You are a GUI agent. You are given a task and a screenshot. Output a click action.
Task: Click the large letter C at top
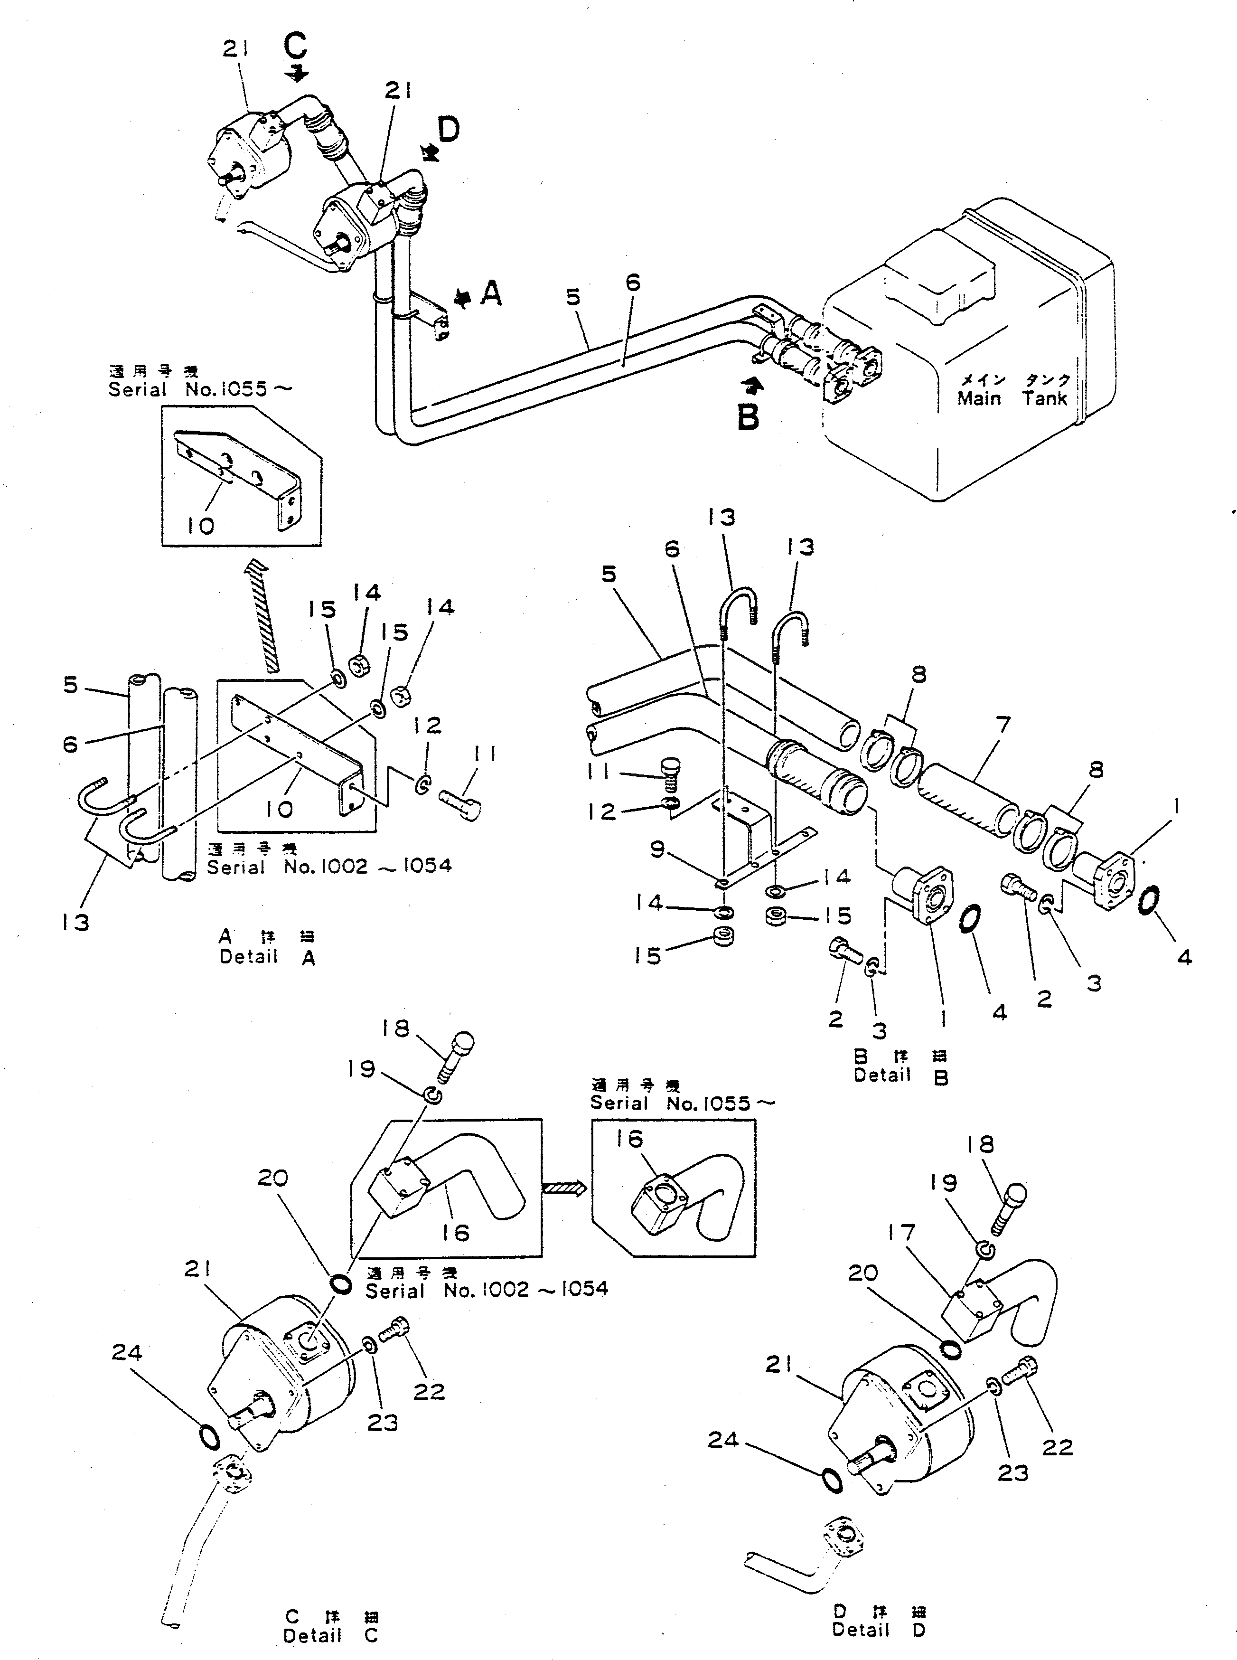295,47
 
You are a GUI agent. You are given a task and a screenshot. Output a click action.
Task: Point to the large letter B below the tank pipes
748,416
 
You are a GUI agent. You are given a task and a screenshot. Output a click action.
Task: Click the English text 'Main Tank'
1012,398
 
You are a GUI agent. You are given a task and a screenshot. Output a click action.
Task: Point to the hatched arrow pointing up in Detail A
270,615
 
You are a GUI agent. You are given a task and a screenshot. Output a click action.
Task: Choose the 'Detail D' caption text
878,1629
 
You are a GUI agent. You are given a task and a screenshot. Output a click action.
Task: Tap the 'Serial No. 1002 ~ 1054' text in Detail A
329,867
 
